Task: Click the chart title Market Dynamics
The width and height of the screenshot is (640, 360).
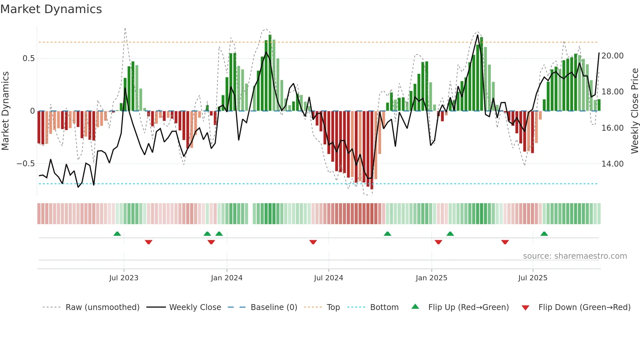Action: point(51,9)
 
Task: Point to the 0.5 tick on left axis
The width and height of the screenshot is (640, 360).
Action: point(28,58)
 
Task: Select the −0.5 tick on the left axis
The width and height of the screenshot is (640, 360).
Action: point(26,164)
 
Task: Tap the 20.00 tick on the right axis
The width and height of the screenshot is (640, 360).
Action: point(612,56)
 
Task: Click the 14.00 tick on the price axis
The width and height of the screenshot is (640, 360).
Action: point(612,164)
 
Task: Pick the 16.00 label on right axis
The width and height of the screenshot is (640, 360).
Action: point(612,128)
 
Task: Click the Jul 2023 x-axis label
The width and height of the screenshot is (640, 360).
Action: point(124,278)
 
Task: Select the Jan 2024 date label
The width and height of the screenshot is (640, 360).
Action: point(227,278)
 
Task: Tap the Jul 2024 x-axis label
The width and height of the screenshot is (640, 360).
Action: point(328,278)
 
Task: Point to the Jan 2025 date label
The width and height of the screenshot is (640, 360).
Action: point(431,278)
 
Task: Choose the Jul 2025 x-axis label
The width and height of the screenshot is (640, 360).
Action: point(533,278)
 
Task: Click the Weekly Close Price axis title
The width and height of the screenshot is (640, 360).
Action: point(634,111)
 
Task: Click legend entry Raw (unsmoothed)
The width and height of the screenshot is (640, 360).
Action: point(102,307)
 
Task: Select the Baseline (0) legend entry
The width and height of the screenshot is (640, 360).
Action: point(274,307)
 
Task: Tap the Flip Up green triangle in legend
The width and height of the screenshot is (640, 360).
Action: point(415,307)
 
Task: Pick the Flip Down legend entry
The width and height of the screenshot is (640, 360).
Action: point(584,307)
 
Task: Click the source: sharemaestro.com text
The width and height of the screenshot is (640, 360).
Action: point(575,256)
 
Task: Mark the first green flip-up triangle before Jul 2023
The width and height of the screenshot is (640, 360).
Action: point(117,234)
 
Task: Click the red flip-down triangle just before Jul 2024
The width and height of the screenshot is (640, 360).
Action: point(313,242)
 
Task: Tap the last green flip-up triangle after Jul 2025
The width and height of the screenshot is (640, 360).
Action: point(544,234)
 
